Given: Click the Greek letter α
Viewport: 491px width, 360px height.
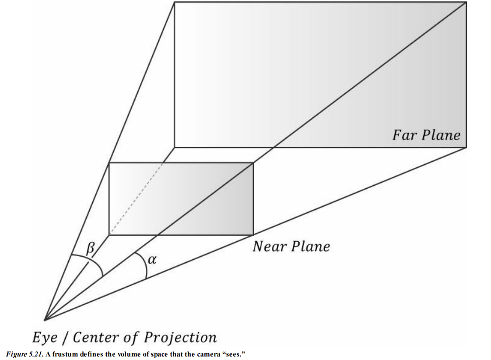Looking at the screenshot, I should coord(152,260).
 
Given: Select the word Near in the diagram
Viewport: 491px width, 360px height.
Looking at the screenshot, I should coord(269,247).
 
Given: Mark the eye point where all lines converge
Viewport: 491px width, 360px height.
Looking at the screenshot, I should coord(45,320).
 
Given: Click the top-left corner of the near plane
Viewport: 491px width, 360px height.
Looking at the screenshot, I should coord(109,163).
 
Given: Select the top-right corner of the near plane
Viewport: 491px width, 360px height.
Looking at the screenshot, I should coord(253,163).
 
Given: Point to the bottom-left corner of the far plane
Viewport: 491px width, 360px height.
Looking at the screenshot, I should coord(175,148).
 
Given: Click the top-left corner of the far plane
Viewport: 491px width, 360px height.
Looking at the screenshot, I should coord(175,2).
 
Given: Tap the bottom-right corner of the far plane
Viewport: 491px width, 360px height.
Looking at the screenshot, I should coord(466,148).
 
